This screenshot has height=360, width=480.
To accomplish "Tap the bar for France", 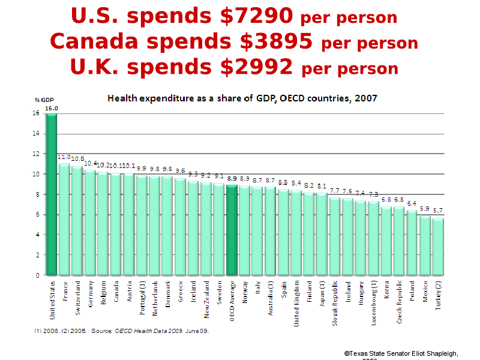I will tap(64, 219).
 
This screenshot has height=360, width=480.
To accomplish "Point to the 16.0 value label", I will tap(52, 108).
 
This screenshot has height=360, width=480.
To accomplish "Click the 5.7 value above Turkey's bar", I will tap(438, 211).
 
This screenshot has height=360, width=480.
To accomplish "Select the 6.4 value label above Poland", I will tap(412, 203).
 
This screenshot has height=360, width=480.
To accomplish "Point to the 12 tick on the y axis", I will tap(37, 154).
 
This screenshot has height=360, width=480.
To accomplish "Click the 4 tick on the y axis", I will tap(38, 235).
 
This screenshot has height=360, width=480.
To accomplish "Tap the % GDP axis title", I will tap(44, 100).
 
